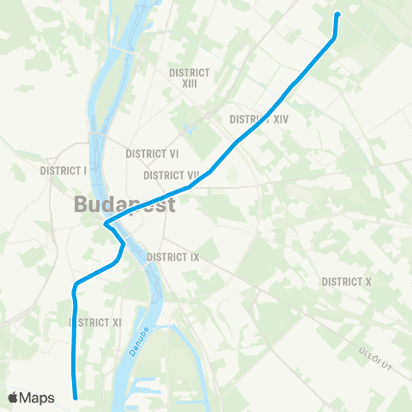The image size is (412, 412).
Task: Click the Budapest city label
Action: pos(124,205)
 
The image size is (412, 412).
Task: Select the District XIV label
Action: pos(259,119)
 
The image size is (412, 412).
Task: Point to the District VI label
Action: pos(152,154)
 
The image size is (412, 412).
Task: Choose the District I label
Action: pos(64,171)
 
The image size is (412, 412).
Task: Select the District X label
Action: pos(346,282)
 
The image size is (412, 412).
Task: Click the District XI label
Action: pos(95,322)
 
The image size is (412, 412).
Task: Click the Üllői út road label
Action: pos(376,352)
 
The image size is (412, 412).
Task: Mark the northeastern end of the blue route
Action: pos(336,14)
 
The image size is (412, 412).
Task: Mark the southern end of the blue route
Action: pos(76,397)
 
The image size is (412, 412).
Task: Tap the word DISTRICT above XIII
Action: pos(191,73)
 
